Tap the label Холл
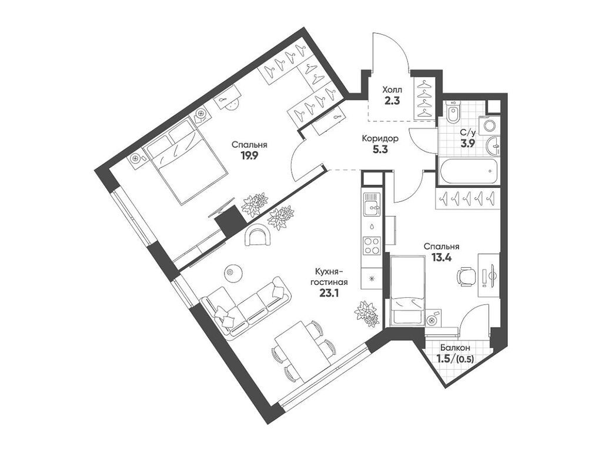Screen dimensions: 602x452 click(392, 90)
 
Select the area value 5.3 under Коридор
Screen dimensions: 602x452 click(380, 149)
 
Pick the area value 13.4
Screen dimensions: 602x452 click(441, 257)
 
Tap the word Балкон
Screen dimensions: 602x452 click(456, 348)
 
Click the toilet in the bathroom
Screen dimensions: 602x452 click(453, 112)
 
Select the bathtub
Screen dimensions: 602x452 click(469, 172)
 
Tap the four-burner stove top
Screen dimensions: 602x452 click(372, 245)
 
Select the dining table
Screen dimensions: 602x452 click(303, 351)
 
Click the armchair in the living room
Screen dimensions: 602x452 click(258, 234)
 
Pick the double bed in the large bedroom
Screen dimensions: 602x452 click(184, 161)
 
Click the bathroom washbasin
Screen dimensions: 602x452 click(493, 146)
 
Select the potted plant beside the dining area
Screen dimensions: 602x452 click(366, 314)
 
